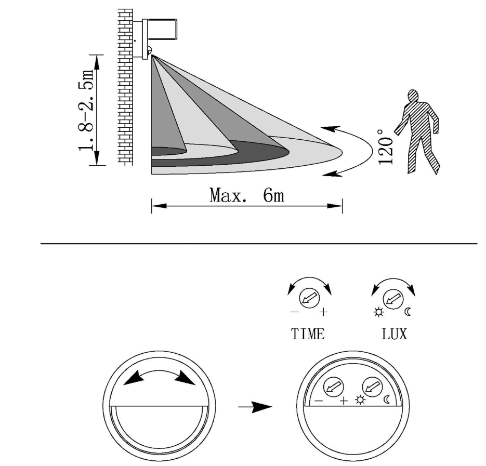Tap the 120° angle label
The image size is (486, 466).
[x=385, y=147]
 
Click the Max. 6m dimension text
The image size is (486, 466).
[x=247, y=195]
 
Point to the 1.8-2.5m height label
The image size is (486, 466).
[x=86, y=110]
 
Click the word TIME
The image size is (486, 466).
[x=308, y=334]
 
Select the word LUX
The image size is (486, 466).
[x=394, y=334]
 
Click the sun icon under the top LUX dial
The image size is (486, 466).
[x=378, y=312]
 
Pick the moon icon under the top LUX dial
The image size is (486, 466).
[x=408, y=312]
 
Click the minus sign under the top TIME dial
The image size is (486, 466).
[x=294, y=312]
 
